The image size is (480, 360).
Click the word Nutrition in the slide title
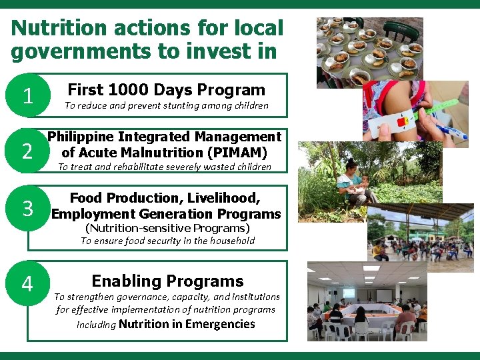[x=58, y=29]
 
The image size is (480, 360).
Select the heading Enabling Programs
[x=167, y=281]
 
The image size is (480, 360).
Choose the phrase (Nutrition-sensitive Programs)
[x=167, y=228]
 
